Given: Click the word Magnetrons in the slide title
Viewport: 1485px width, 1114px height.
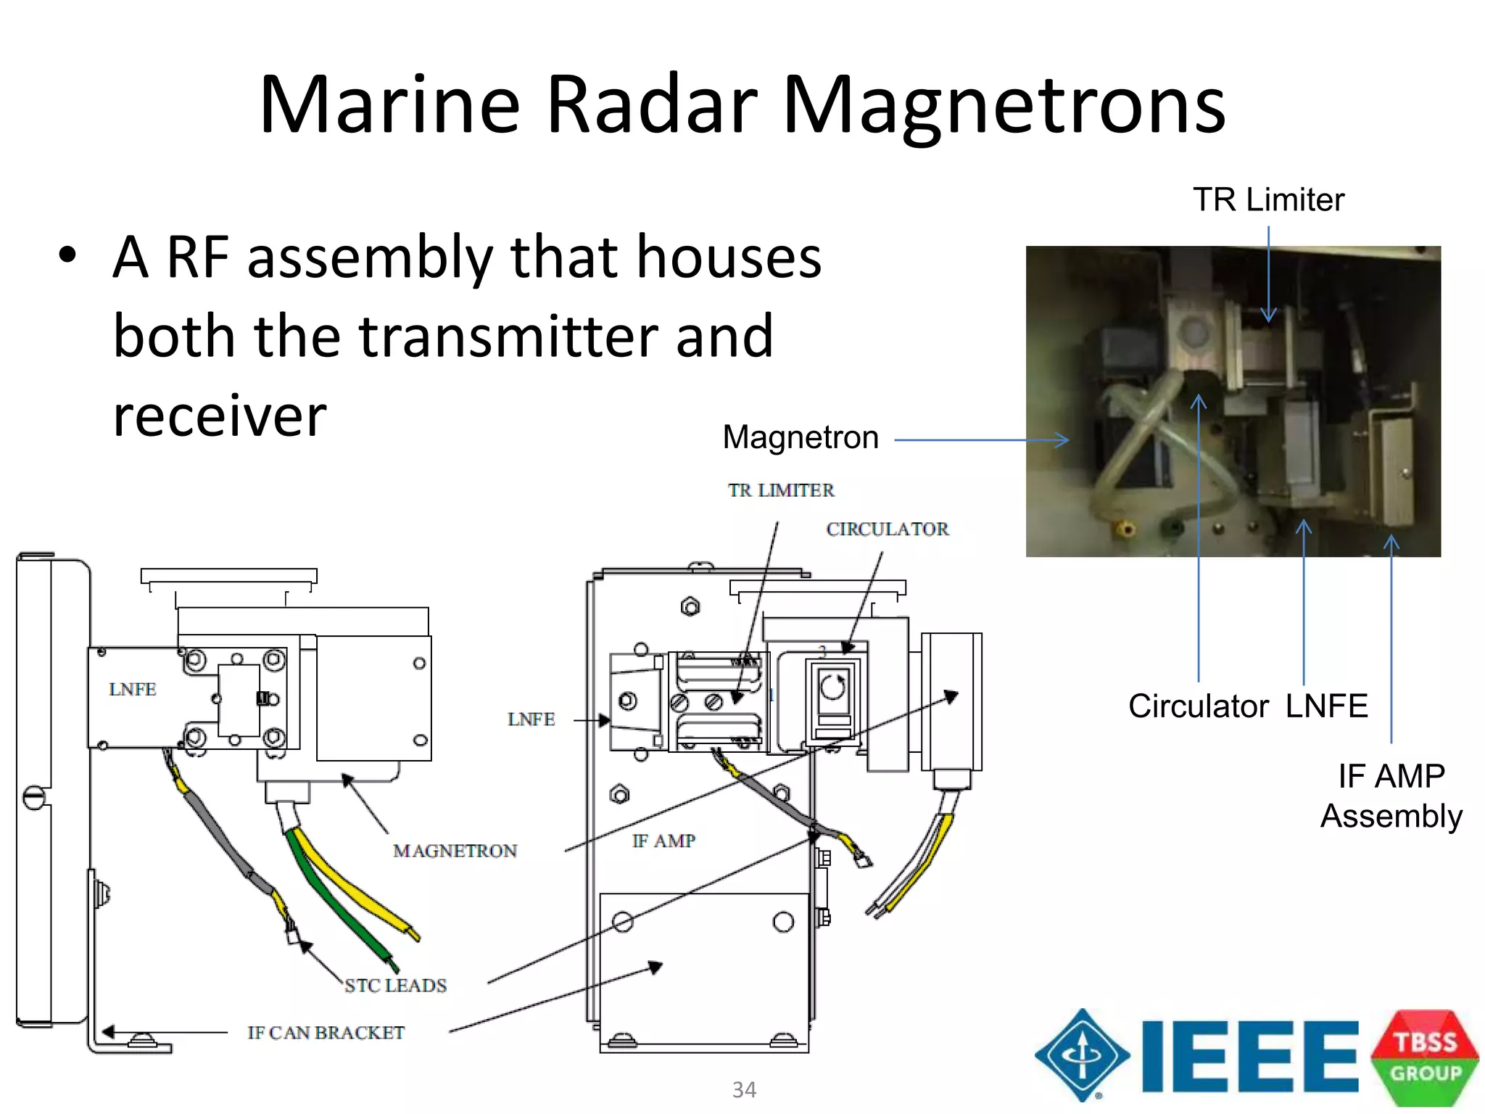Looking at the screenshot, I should tap(1004, 105).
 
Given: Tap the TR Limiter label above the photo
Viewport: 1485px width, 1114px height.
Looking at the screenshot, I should tap(1268, 199).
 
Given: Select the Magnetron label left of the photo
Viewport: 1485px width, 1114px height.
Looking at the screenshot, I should tap(801, 437).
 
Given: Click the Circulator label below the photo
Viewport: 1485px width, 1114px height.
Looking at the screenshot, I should tap(1198, 706).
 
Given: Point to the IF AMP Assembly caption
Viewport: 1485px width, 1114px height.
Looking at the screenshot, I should tap(1391, 796).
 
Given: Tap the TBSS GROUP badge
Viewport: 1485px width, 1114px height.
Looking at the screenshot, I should tap(1425, 1057).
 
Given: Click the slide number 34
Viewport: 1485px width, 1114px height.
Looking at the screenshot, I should tap(744, 1089).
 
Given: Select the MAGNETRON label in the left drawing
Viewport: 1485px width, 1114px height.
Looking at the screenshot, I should tap(455, 851).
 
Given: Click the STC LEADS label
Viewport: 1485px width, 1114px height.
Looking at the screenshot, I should tap(395, 986).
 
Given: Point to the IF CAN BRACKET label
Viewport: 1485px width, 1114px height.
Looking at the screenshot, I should tap(326, 1033).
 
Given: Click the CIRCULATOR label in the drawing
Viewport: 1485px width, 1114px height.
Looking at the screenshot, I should tap(887, 529).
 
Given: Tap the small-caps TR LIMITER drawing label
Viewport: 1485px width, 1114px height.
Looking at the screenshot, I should tap(781, 491).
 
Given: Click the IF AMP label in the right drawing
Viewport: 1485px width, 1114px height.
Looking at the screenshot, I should tap(663, 841).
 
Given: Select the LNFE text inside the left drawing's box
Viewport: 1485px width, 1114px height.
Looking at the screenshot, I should tap(132, 690).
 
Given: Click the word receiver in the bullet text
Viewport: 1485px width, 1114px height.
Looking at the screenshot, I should tap(220, 416).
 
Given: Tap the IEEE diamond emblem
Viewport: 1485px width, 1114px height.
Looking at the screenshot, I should tap(1082, 1055).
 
